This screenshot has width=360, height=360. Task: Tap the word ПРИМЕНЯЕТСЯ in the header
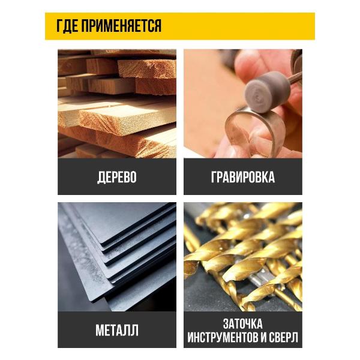(121, 26)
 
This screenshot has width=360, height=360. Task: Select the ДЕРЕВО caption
(117, 177)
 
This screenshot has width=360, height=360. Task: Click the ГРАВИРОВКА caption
(243, 177)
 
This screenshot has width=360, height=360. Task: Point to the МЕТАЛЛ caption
(117, 330)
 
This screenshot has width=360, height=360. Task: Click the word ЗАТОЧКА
(242, 323)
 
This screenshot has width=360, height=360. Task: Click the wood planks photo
(117, 104)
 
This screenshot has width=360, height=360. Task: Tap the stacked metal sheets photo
(117, 257)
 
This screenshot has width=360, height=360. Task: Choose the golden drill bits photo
(243, 257)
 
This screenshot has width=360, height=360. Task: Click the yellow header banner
(180, 26)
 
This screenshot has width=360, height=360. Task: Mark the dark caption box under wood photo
(117, 176)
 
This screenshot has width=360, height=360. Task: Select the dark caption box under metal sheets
(117, 329)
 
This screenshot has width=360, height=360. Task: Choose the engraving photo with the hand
(243, 104)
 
